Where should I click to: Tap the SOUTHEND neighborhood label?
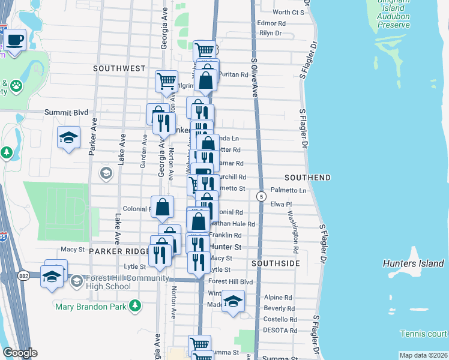(307, 178)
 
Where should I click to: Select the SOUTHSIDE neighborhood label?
(276, 263)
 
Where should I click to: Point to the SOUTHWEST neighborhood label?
(119, 68)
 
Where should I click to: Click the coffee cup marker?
(14, 41)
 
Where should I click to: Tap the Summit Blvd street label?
(67, 112)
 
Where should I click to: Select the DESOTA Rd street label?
(280, 330)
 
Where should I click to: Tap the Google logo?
(20, 353)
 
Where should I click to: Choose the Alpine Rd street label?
(277, 297)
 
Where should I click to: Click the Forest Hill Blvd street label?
(231, 281)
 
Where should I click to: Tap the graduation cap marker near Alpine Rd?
(233, 300)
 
